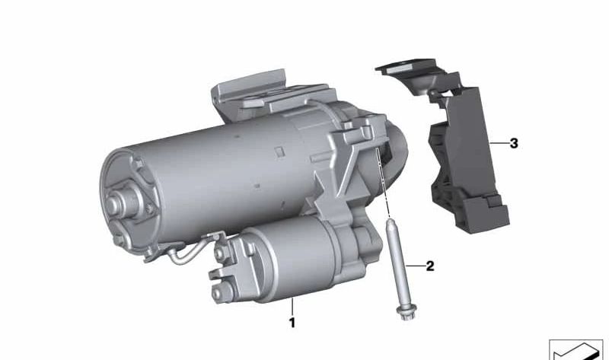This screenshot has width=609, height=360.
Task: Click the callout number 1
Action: [292, 323]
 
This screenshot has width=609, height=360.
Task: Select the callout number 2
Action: [429, 266]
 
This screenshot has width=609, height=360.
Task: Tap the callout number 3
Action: [513, 143]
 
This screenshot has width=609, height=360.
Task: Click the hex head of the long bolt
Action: [406, 312]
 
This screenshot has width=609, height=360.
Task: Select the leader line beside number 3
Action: [499, 143]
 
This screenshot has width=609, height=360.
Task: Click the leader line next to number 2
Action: [415, 266]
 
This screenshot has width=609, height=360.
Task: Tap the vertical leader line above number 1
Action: [292, 307]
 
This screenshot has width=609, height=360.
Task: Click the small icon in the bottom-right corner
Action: [576, 349]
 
